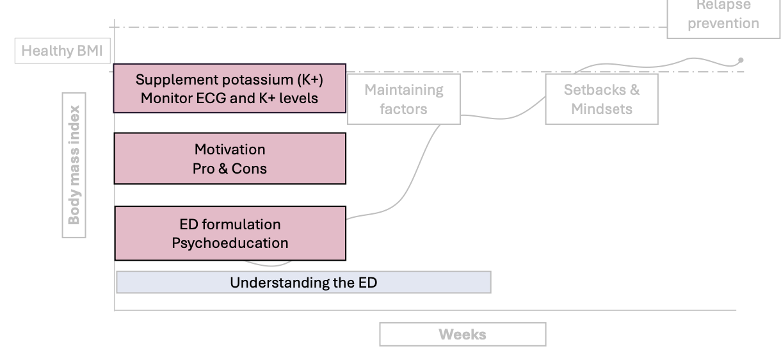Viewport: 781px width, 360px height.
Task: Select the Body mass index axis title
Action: (74, 165)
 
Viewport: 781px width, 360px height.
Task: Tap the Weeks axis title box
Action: (462, 334)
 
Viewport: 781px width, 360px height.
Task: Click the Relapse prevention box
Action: (723, 16)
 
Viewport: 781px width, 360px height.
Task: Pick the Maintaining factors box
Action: (403, 99)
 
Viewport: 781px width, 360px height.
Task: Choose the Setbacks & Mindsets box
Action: (601, 99)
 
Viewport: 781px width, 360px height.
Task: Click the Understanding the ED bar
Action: (303, 282)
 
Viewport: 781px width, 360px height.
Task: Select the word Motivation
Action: (230, 149)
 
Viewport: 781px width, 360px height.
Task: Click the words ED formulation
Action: (230, 224)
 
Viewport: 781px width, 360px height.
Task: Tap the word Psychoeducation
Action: (230, 243)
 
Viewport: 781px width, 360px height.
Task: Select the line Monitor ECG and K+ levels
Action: (230, 99)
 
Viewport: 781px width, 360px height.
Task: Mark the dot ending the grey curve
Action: (741, 60)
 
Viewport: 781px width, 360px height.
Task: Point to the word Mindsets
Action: (601, 109)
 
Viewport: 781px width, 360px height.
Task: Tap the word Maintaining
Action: (403, 90)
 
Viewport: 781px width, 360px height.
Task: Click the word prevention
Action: (723, 24)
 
